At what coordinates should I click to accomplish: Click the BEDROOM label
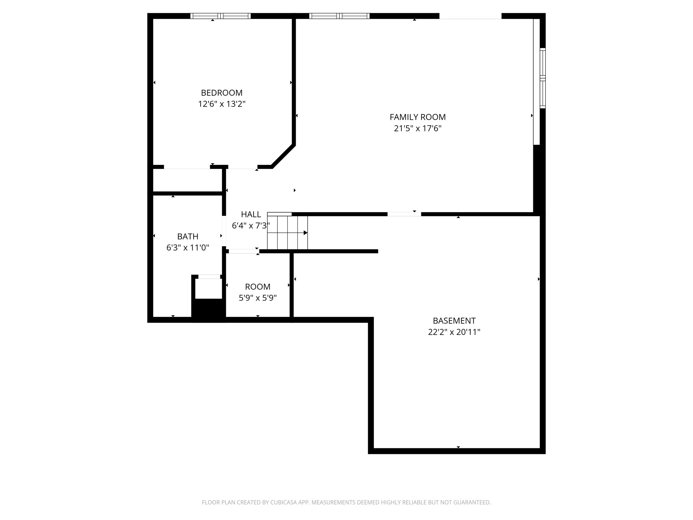click(222, 93)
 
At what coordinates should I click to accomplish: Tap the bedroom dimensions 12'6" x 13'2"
click(222, 104)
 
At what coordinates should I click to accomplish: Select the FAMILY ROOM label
click(418, 117)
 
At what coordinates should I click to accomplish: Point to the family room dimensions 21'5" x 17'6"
click(418, 129)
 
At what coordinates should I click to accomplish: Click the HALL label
click(251, 214)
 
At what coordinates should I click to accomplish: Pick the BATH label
click(187, 236)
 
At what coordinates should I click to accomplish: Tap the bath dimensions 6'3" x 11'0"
click(187, 248)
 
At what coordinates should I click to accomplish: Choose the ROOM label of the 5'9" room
click(258, 287)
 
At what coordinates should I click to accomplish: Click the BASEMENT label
click(454, 321)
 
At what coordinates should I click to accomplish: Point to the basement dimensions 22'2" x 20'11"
click(454, 332)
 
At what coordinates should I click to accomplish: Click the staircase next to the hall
click(288, 233)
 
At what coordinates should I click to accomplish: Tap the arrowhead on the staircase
click(306, 233)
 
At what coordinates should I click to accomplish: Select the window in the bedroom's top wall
click(220, 16)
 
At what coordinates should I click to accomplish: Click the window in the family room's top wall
click(339, 16)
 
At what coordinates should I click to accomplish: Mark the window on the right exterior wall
click(542, 78)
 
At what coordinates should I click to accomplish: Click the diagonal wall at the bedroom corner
click(283, 156)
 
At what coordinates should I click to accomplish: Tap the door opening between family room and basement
click(404, 214)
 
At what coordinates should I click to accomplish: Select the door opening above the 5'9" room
click(243, 251)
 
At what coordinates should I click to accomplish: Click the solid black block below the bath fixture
click(208, 309)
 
